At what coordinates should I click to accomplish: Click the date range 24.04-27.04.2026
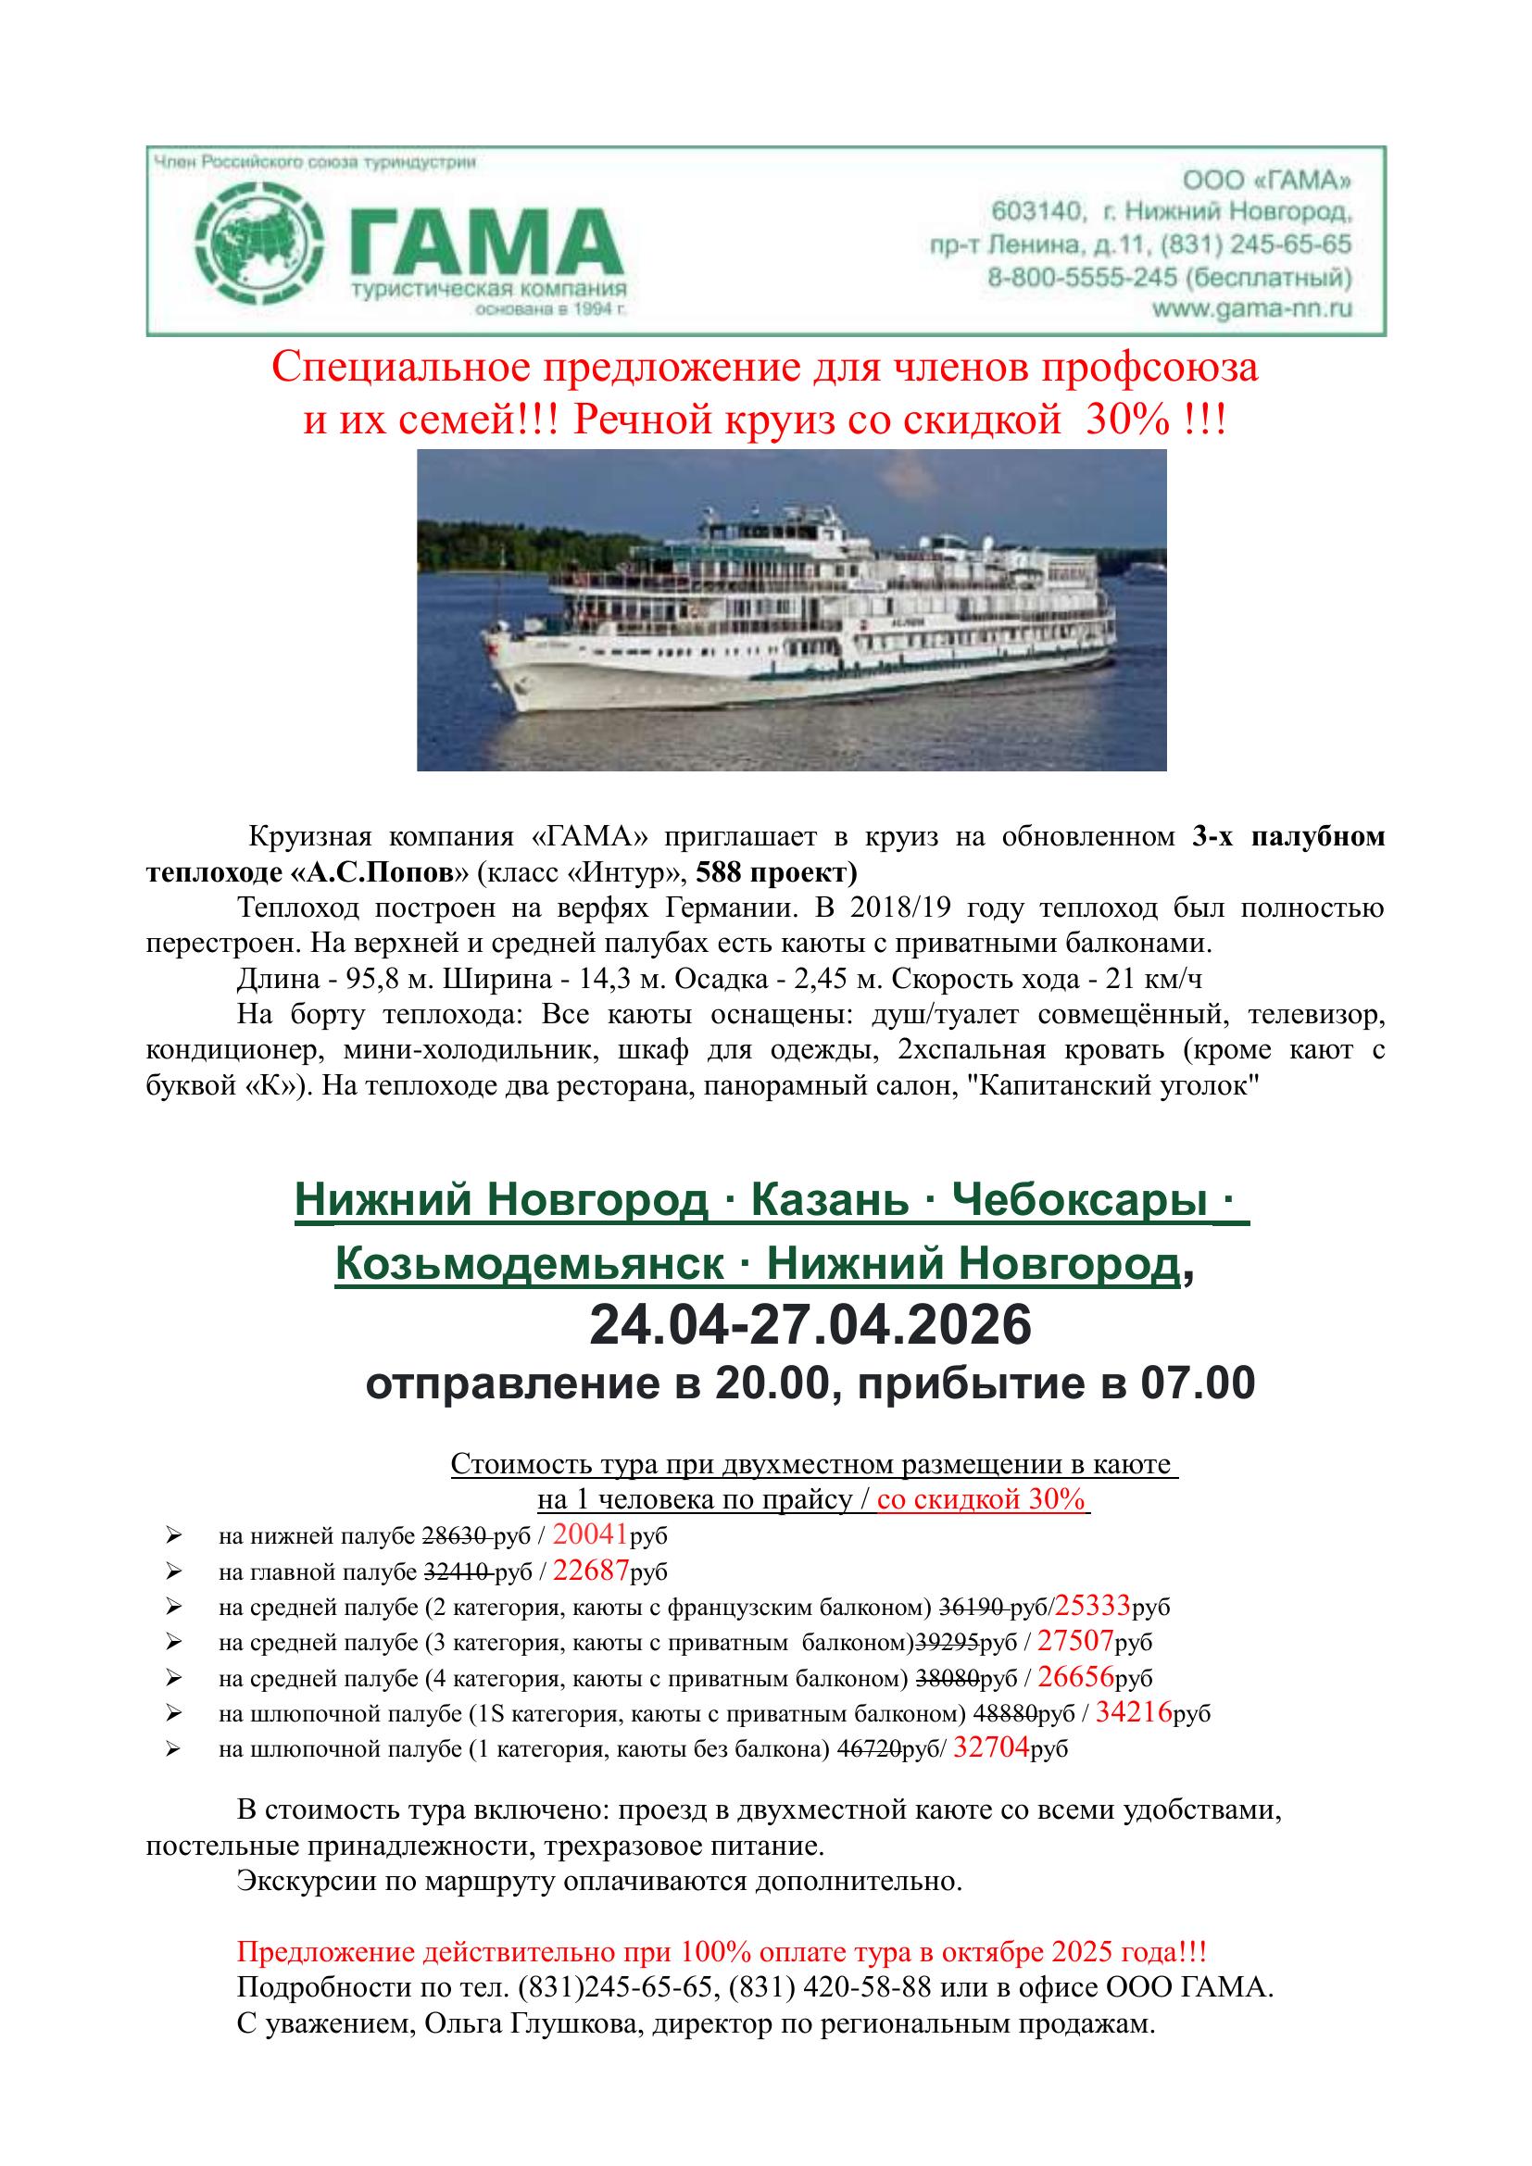[x=810, y=1325]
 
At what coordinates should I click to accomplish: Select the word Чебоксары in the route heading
[x=1079, y=1201]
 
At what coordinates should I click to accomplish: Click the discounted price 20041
[x=591, y=1534]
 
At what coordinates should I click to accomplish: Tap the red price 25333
[x=1092, y=1607]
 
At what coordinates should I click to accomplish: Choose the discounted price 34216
[x=1134, y=1712]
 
